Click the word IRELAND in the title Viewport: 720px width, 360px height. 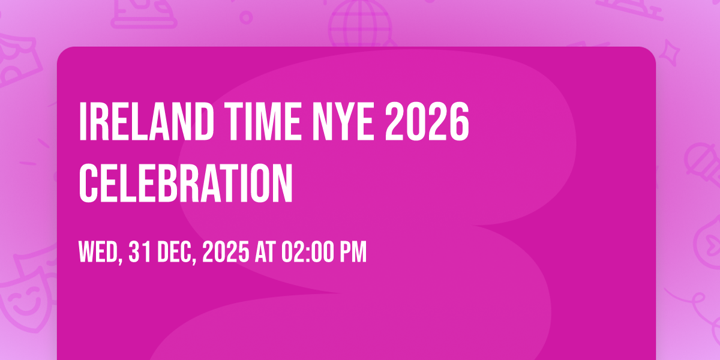point(146,121)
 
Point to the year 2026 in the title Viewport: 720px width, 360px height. point(427,121)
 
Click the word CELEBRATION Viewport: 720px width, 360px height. point(186,183)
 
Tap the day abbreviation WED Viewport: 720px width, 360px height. point(101,252)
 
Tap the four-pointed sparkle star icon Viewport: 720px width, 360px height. point(670,53)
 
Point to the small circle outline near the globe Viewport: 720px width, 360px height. point(246,17)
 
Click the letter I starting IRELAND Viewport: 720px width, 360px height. point(83,121)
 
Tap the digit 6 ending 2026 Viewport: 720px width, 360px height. point(460,121)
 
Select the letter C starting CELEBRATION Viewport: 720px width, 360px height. point(88,183)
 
